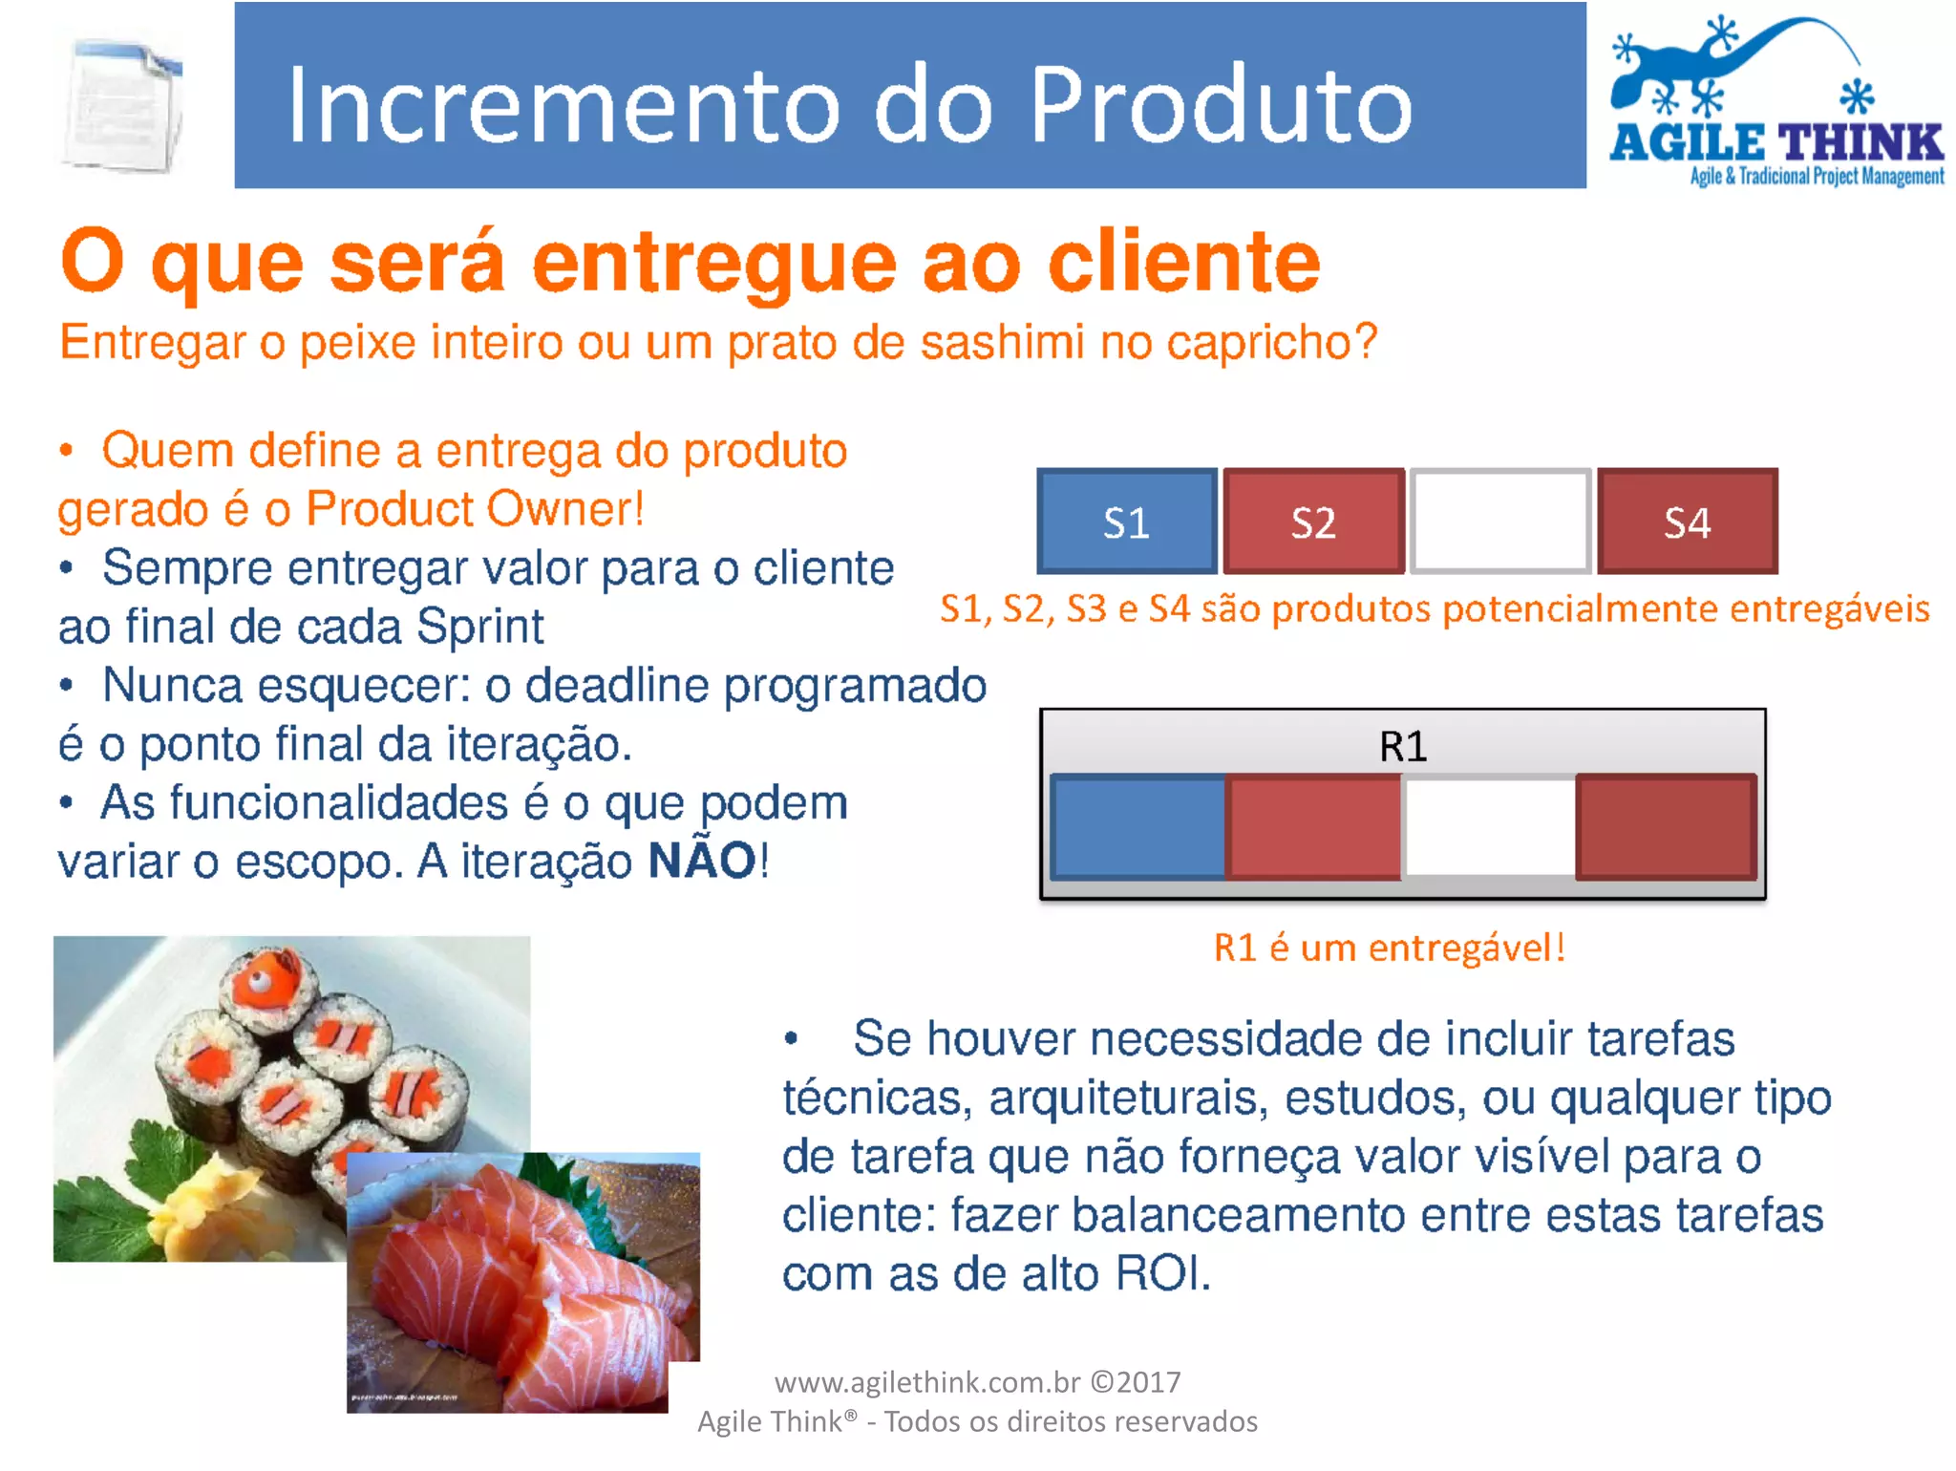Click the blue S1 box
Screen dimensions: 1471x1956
click(x=1127, y=522)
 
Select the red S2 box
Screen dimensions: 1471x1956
click(x=1313, y=522)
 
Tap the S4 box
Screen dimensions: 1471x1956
click(x=1688, y=522)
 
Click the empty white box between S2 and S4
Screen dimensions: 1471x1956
click(x=1500, y=522)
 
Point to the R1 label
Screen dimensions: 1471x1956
click(x=1403, y=746)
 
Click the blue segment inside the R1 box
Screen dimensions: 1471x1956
click(x=1138, y=827)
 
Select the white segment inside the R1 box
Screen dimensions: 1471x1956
click(x=1488, y=827)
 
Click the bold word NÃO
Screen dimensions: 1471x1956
click(x=702, y=861)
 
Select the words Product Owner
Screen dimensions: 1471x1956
click(x=475, y=509)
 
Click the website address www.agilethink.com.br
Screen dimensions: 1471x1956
click(x=926, y=1382)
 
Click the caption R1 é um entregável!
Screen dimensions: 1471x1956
click(x=1390, y=948)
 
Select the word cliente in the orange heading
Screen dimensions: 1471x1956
click(x=1184, y=263)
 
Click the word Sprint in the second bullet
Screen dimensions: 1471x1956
click(x=479, y=628)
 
